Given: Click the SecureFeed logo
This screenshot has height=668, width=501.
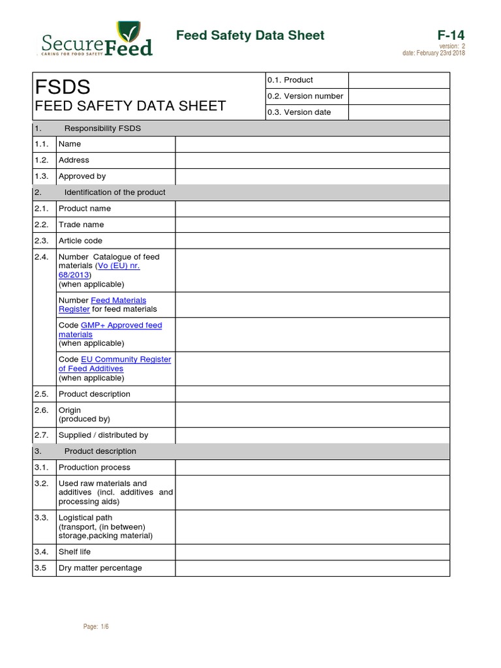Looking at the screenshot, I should [97, 40].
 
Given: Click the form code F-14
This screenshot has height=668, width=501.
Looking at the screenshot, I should [452, 35].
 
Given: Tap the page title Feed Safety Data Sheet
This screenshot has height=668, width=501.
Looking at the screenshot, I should [250, 35].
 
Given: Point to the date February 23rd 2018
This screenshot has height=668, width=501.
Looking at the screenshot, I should [434, 54].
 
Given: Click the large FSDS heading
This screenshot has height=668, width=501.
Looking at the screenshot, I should [63, 87].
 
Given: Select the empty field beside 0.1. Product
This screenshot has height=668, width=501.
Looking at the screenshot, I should [399, 80].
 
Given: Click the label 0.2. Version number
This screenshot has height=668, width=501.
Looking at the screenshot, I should [305, 97].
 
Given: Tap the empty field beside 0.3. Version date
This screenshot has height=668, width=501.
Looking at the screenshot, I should [399, 112].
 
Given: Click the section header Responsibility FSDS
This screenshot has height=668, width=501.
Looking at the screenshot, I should [102, 129].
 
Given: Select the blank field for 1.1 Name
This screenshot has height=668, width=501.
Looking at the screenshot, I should [312, 144].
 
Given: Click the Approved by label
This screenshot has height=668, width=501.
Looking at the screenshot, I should [82, 176].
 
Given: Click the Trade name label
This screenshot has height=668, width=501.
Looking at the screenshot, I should [81, 224].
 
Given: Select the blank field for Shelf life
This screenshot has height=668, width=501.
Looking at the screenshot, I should [312, 552].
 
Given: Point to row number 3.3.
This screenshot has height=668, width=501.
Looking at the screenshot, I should [41, 518].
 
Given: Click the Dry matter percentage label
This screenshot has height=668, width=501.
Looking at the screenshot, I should [100, 568].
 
